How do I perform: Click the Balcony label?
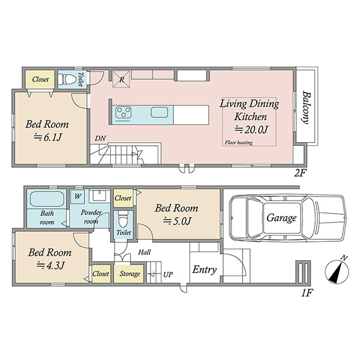[307, 107]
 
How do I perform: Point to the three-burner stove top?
[123, 113]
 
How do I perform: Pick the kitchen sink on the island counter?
[159, 113]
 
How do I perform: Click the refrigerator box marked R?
[121, 79]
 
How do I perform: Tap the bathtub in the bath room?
[47, 199]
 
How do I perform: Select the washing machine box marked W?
[77, 197]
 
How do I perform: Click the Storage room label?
[130, 274]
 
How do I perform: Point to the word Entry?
[205, 270]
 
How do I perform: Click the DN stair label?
[100, 139]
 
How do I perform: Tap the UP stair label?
[168, 274]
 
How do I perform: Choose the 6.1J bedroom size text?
[47, 137]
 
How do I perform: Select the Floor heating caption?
[239, 143]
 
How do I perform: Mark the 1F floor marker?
[307, 293]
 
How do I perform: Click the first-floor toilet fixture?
[123, 220]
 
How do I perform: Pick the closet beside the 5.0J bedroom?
[123, 197]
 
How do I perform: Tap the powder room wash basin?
[100, 196]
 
